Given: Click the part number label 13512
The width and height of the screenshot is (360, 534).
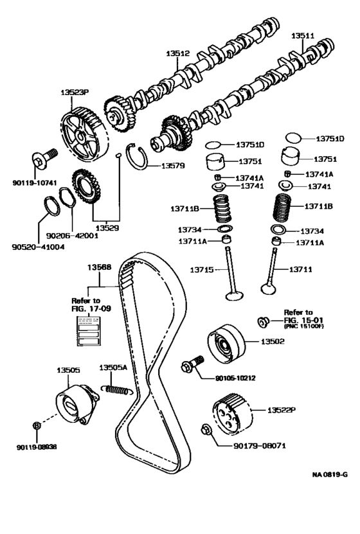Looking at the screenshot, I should click(176, 56).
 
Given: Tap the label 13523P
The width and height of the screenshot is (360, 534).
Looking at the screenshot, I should click(75, 93).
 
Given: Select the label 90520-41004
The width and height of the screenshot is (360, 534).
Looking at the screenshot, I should click(38, 246).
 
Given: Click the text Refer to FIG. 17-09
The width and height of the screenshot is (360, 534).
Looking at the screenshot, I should click(85, 304).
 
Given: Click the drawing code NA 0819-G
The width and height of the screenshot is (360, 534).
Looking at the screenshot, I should click(330, 474).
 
